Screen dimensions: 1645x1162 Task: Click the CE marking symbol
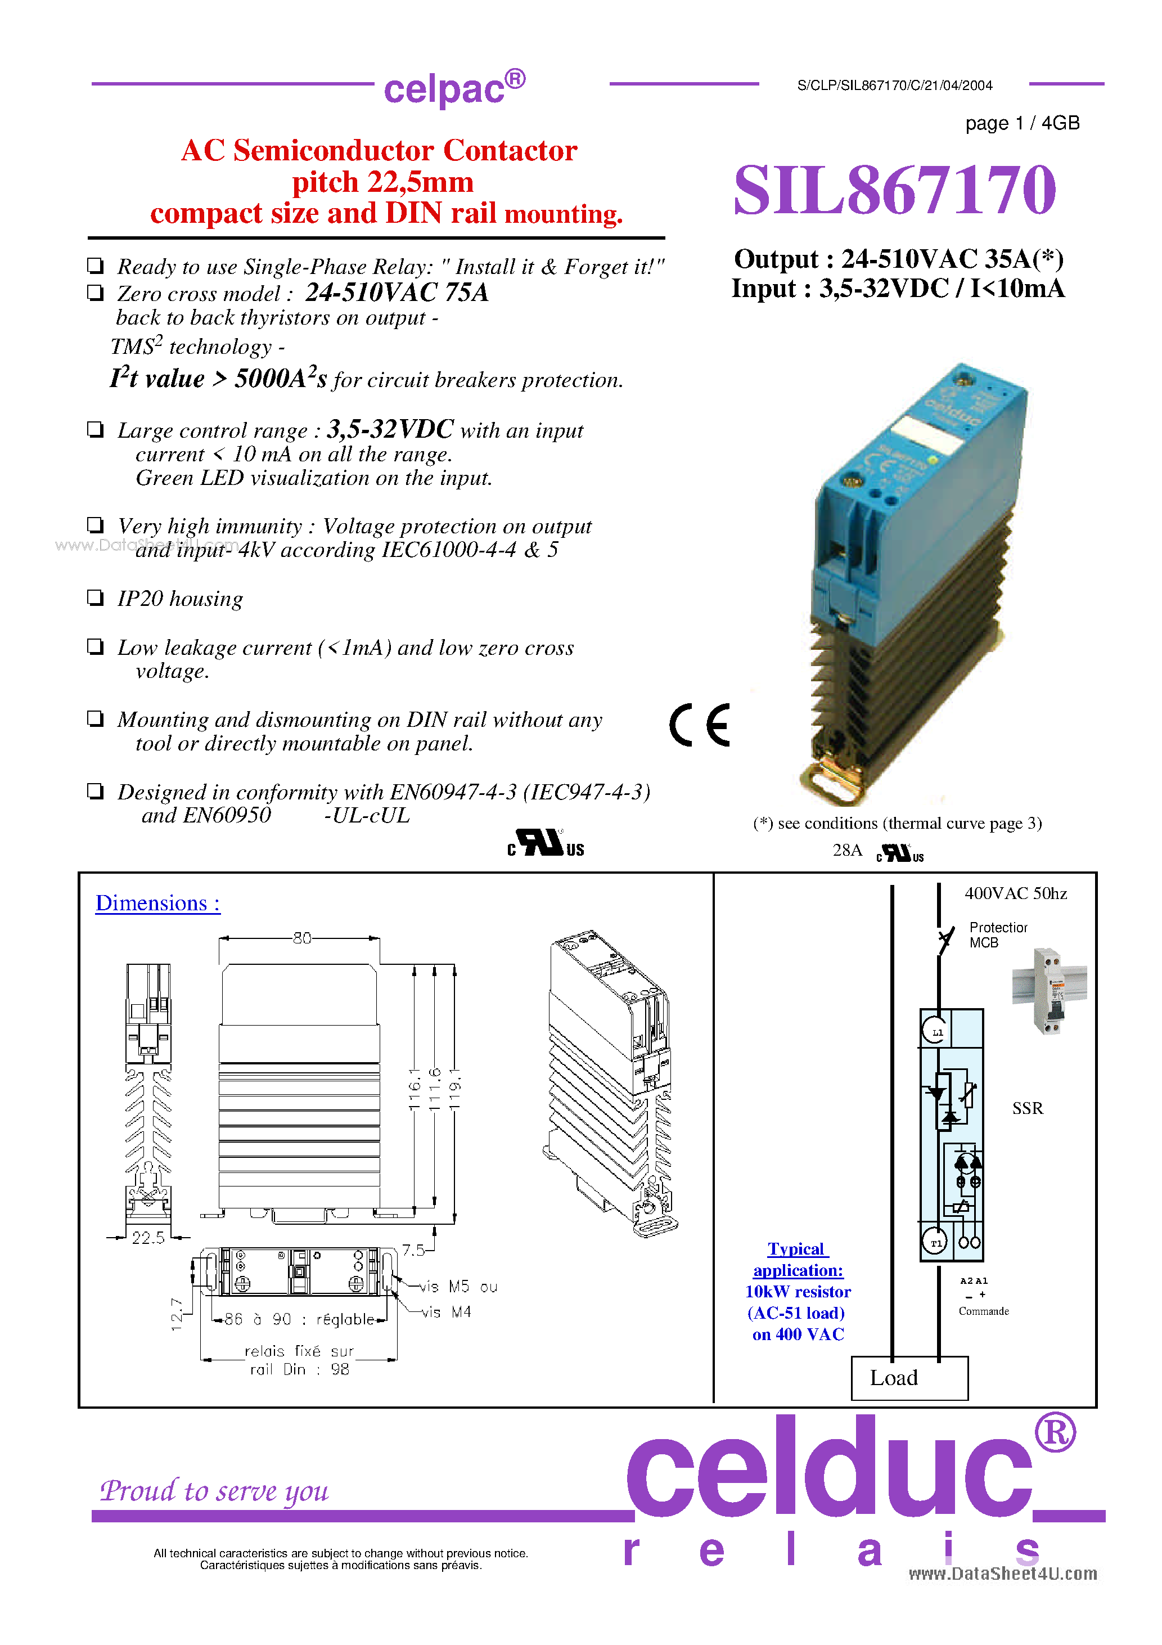(x=699, y=725)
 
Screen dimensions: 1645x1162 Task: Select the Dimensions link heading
(x=157, y=903)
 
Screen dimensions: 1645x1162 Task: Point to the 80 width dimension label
(x=301, y=938)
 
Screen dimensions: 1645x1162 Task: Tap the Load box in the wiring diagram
(x=909, y=1377)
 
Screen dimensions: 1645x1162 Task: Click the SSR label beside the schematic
(x=1028, y=1108)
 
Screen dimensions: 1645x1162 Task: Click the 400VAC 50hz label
(x=1015, y=893)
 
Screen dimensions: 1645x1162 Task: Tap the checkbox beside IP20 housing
(x=95, y=597)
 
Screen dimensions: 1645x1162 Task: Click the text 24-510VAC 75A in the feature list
(x=396, y=293)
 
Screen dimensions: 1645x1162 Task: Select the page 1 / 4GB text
(x=1021, y=123)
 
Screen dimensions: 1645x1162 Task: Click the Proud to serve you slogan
(x=214, y=1491)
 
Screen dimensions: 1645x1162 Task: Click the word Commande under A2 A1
(x=983, y=1311)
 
